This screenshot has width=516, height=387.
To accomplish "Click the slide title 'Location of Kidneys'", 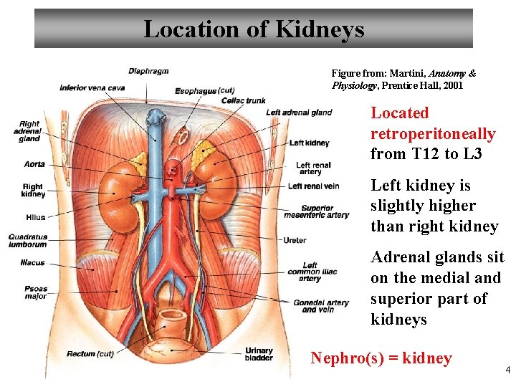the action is [x=254, y=29].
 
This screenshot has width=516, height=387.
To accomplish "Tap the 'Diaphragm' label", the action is [x=148, y=71].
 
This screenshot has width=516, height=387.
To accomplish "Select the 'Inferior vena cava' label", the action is [x=92, y=88].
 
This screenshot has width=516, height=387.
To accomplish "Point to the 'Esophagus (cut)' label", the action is [x=205, y=91].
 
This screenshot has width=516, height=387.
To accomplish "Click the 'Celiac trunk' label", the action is [x=243, y=100].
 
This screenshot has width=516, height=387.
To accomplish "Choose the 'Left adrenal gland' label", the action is [x=299, y=113].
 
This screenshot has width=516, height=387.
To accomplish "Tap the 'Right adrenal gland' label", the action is [x=30, y=131].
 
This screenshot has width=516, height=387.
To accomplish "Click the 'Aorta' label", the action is [x=34, y=164].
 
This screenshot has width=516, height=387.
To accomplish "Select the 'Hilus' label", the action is [x=35, y=217].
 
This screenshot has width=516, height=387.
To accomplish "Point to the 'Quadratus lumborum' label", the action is [x=28, y=240].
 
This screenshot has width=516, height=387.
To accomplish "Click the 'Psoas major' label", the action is [x=36, y=292].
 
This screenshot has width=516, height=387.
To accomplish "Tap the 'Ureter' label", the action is [x=295, y=240].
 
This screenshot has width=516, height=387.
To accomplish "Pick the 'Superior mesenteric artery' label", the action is [x=317, y=211].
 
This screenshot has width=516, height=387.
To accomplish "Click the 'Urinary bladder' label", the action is [x=259, y=354].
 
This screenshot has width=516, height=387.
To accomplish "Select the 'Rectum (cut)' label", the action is [x=90, y=354].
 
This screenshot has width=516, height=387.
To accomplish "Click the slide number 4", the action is [x=507, y=370].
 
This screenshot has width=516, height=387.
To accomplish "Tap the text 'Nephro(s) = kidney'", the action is [x=381, y=358].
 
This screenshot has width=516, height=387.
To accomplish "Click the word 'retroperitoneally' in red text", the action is [x=433, y=134].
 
